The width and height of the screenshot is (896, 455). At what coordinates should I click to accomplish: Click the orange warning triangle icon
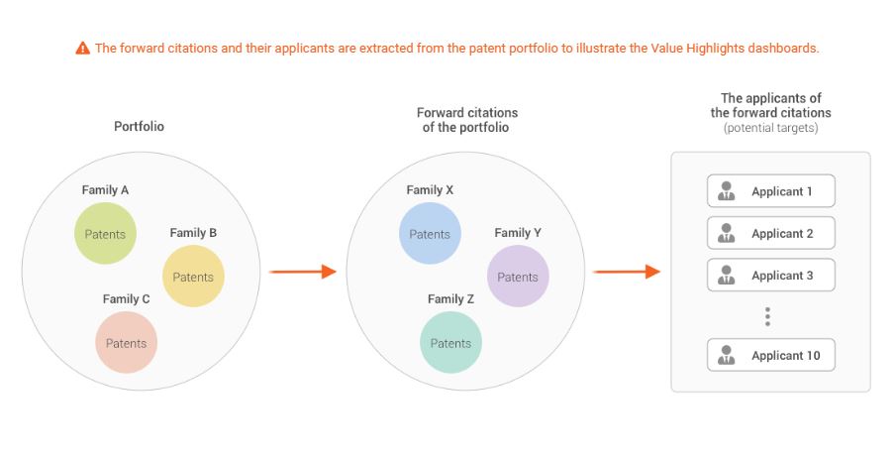83,48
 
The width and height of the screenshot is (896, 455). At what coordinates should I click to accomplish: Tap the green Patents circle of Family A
105,234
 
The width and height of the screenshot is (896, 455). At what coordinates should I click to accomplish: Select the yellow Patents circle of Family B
193,277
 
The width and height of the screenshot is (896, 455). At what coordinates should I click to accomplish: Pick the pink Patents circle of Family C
127,343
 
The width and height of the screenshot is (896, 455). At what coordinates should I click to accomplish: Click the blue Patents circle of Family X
430,234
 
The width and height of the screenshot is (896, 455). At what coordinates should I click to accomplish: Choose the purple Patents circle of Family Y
518,277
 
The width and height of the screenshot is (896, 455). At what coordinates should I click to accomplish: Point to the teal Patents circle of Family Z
450,343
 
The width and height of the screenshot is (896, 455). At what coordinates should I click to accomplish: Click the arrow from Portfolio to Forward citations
302,272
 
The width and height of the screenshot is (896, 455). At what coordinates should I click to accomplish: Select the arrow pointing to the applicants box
627,272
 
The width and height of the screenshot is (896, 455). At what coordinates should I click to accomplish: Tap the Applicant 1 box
771,191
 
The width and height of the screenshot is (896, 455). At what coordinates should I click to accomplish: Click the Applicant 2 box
771,233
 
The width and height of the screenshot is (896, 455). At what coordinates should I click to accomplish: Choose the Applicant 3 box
771,276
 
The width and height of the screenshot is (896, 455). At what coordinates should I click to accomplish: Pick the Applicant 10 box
771,356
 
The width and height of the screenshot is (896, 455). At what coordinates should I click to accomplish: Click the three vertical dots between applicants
767,316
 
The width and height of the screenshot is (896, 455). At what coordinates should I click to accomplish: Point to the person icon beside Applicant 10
727,355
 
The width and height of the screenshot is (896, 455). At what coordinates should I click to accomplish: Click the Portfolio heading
139,127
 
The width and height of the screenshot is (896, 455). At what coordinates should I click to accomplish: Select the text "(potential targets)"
771,128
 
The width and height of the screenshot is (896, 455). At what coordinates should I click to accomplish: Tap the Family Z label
450,298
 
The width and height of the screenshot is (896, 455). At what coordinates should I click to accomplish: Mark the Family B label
193,232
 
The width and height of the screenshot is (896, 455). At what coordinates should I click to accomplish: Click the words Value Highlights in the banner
690,48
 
